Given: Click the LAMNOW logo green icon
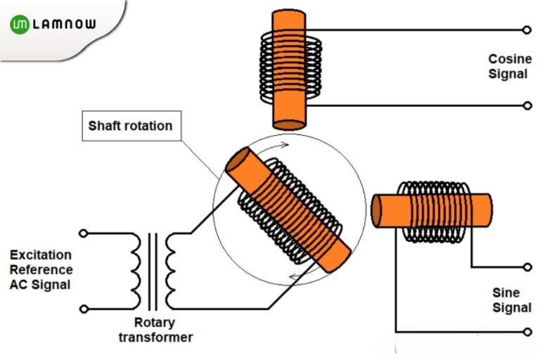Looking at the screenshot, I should tap(20, 25).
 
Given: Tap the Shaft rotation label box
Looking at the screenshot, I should tap(130, 127).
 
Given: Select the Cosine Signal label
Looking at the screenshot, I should tap(509, 66).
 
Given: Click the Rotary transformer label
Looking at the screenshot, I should tap(163, 330).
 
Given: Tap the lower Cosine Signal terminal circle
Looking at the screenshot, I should tap(526, 105).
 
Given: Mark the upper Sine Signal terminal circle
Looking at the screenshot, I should tap(526, 267).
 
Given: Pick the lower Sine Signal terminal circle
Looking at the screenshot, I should tap(526, 331).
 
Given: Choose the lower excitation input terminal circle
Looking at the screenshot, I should tap(83, 308).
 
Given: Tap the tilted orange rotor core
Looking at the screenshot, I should tap(288, 210).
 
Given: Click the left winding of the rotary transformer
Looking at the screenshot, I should tap(136, 271).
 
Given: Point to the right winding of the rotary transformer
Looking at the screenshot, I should tap(171, 271).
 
